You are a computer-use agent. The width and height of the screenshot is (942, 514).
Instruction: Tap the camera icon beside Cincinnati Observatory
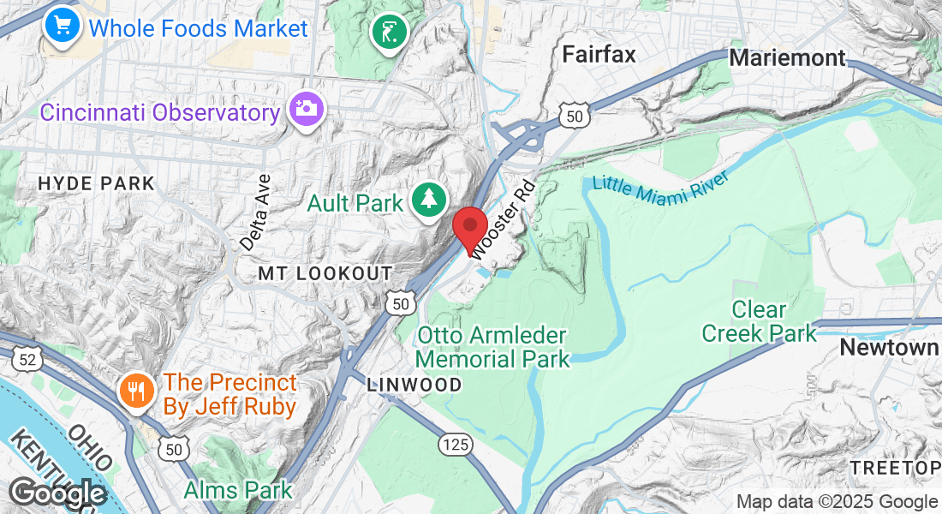click(x=305, y=110)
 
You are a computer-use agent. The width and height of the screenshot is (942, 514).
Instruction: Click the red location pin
click(x=469, y=229)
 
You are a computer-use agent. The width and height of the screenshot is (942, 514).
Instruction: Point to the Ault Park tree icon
click(x=426, y=200)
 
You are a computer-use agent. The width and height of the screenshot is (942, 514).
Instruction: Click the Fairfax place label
click(x=599, y=55)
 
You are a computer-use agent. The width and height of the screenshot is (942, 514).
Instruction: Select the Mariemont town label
click(x=787, y=58)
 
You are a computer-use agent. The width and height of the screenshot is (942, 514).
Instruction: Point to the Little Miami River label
click(x=660, y=188)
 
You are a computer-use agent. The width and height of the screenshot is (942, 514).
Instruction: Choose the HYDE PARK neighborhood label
click(x=97, y=183)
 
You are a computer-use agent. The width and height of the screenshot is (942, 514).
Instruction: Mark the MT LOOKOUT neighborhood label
click(x=325, y=273)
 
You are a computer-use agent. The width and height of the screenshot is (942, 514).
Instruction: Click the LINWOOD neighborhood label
click(x=414, y=385)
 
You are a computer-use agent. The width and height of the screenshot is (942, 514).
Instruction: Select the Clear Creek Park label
click(x=760, y=320)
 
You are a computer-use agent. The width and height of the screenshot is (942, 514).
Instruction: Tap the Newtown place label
click(x=888, y=348)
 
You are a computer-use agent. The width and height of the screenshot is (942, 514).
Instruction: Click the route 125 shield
click(x=456, y=444)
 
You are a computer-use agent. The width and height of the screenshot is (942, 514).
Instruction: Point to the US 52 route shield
click(x=27, y=359)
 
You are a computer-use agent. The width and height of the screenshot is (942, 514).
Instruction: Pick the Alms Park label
click(x=238, y=490)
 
